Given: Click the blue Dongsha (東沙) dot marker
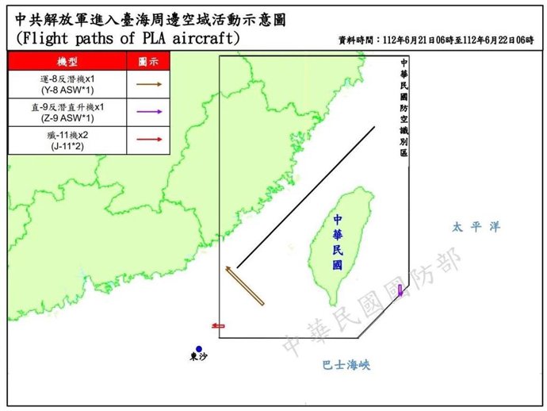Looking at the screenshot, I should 199,348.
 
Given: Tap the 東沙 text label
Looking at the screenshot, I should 199,359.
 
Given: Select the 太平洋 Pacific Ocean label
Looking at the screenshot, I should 476,227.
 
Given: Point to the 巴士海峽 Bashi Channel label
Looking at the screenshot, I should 346,366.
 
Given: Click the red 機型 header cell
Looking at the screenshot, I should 67,61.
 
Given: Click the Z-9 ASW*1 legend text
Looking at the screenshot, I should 67,117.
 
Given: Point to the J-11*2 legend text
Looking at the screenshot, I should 67,146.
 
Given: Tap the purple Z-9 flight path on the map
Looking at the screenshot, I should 400,290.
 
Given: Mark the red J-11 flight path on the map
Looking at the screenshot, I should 218,325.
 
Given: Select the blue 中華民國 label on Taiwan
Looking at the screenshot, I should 339,243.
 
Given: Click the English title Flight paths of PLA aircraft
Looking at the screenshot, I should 127,38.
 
